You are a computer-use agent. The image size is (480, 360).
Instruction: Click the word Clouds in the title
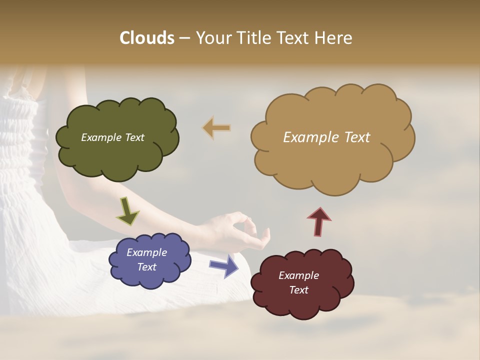click(x=146, y=38)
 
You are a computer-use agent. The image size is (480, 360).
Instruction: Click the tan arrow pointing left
click(x=217, y=128)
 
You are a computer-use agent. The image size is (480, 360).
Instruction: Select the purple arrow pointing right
click(x=224, y=266)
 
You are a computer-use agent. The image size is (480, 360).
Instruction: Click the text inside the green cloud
click(x=112, y=137)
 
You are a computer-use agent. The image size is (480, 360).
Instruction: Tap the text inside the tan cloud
click(x=326, y=137)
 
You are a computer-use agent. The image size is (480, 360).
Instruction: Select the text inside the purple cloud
click(x=146, y=259)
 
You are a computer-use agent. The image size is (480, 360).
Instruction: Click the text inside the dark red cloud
click(x=298, y=282)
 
